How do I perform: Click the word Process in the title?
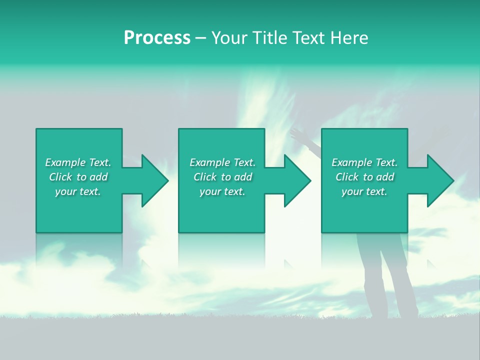(157, 38)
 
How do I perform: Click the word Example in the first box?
(65, 162)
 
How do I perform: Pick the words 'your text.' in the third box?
(364, 191)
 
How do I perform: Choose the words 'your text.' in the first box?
(78, 191)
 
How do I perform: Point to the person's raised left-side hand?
(298, 134)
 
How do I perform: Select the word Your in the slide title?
(230, 38)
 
